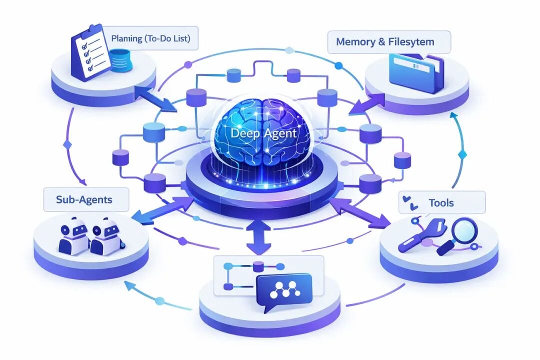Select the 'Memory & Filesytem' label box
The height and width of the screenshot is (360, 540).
tap(388, 41)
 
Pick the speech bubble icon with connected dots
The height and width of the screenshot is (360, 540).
tap(283, 291)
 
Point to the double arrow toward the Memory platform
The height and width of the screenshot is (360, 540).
tap(367, 101)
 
